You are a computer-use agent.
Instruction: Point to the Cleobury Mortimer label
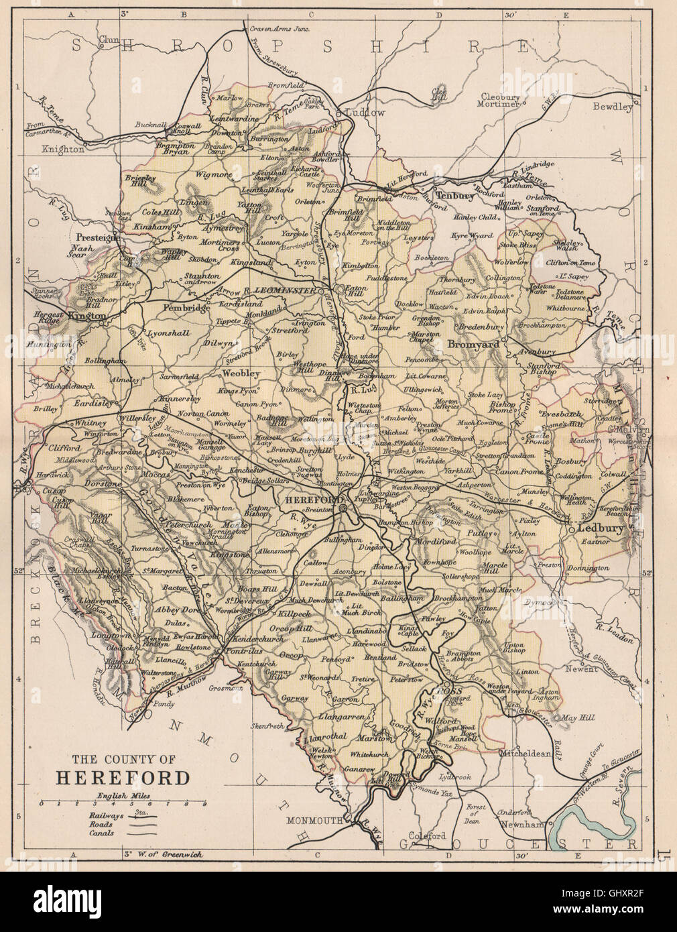coord(497,99)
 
